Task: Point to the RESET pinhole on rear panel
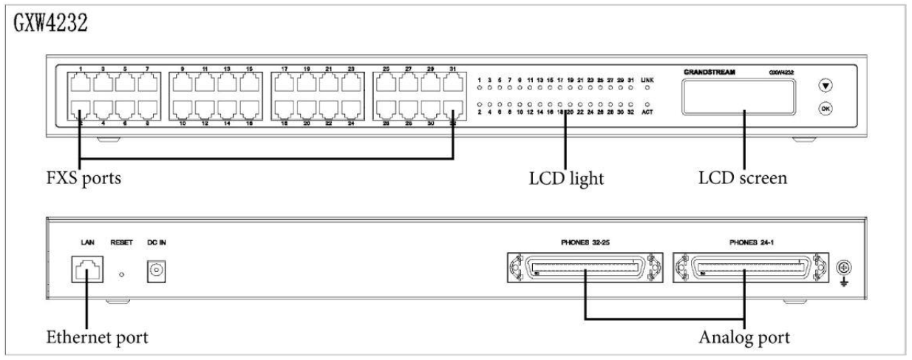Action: (x=123, y=276)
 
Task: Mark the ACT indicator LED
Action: (x=648, y=103)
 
